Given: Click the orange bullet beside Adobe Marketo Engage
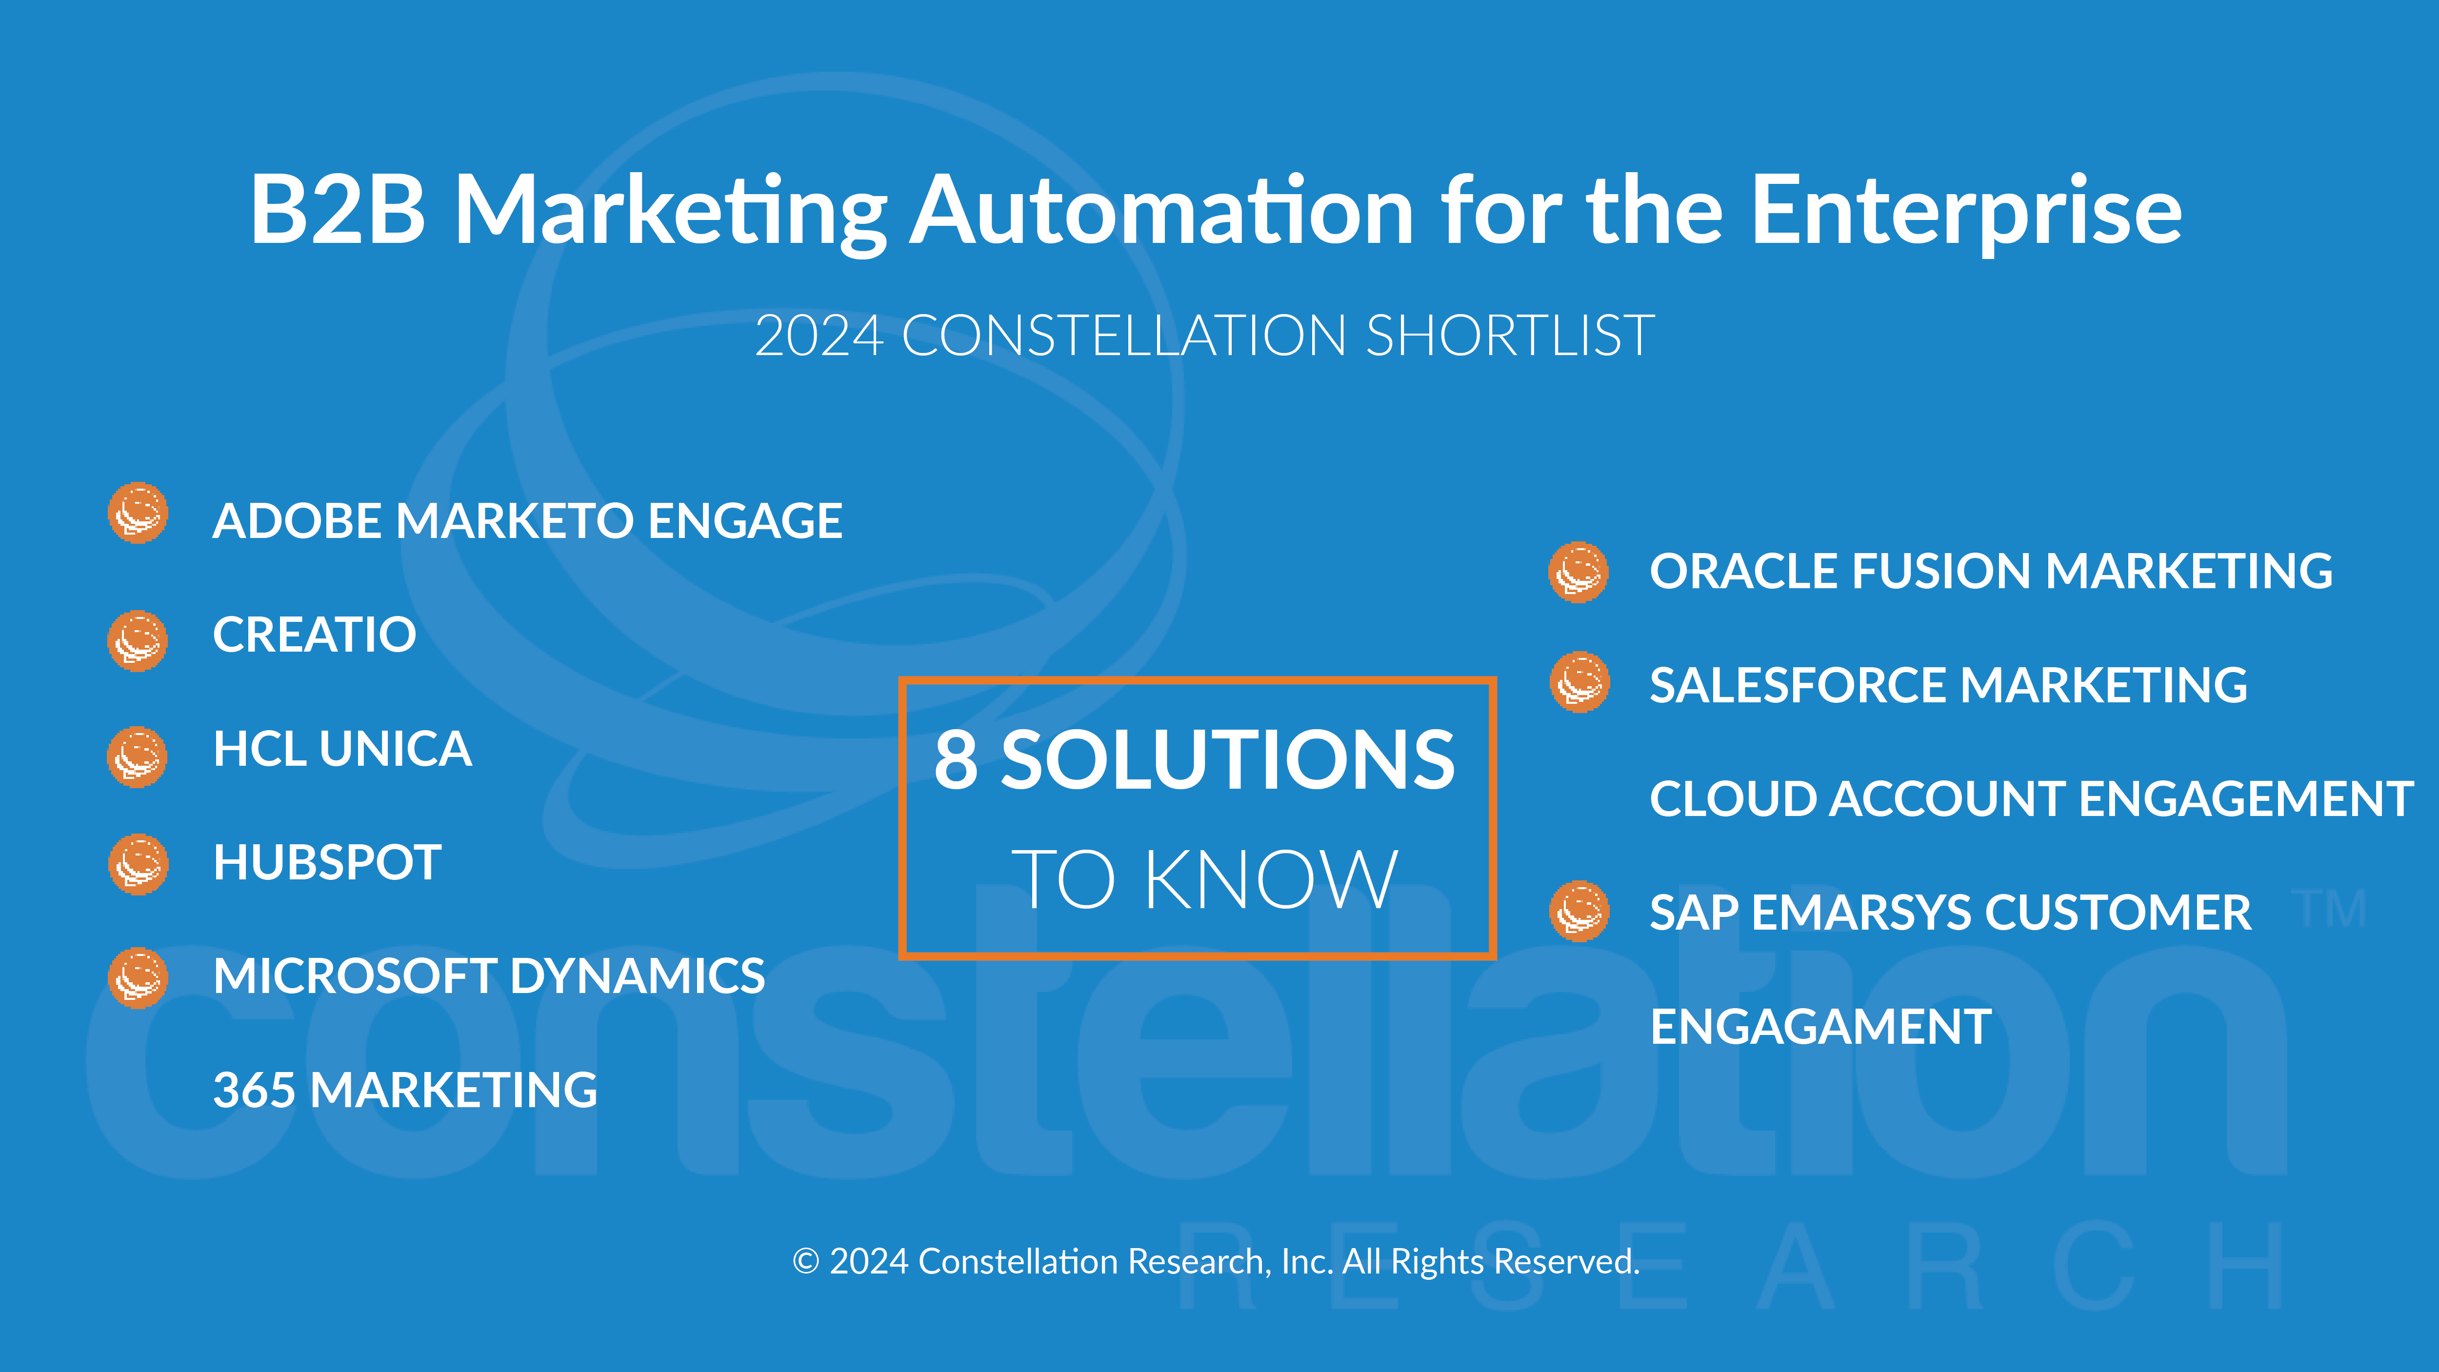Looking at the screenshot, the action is (138, 513).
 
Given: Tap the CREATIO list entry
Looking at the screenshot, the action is (314, 635).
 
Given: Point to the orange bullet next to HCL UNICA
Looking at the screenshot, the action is (138, 756).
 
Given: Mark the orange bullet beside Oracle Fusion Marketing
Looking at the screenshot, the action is (1579, 572).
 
